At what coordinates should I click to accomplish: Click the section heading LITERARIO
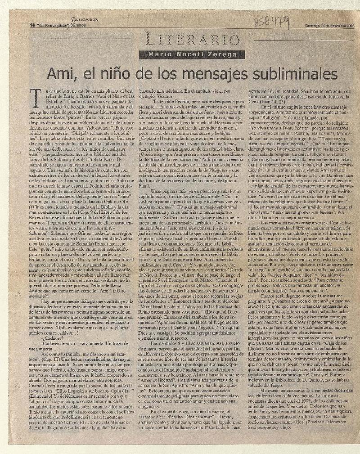pyautogui.click(x=180, y=41)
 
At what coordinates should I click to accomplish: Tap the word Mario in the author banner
pyautogui.click(x=151, y=54)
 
